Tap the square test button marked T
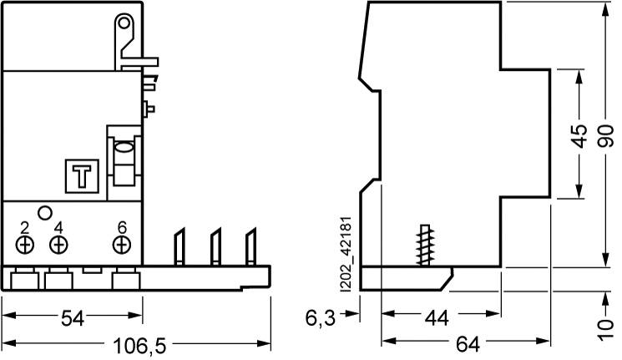click(x=81, y=176)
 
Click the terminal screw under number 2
click(x=25, y=245)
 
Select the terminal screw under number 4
click(x=58, y=245)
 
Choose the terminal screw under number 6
click(x=122, y=245)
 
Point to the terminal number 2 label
click(x=25, y=227)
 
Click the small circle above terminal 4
click(x=46, y=213)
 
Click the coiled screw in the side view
click(x=427, y=245)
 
